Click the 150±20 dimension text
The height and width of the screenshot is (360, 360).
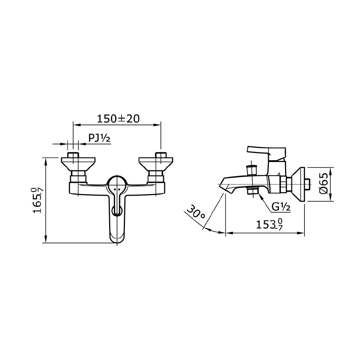point(118,118)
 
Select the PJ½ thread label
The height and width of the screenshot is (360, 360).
point(99,138)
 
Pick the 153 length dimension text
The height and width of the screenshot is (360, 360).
point(268,225)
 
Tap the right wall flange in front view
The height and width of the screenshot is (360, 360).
point(156,164)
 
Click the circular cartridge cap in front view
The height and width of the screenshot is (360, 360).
point(117,183)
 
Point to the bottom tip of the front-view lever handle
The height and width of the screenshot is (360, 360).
point(117,239)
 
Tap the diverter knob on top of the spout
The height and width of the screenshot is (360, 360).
point(250,170)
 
